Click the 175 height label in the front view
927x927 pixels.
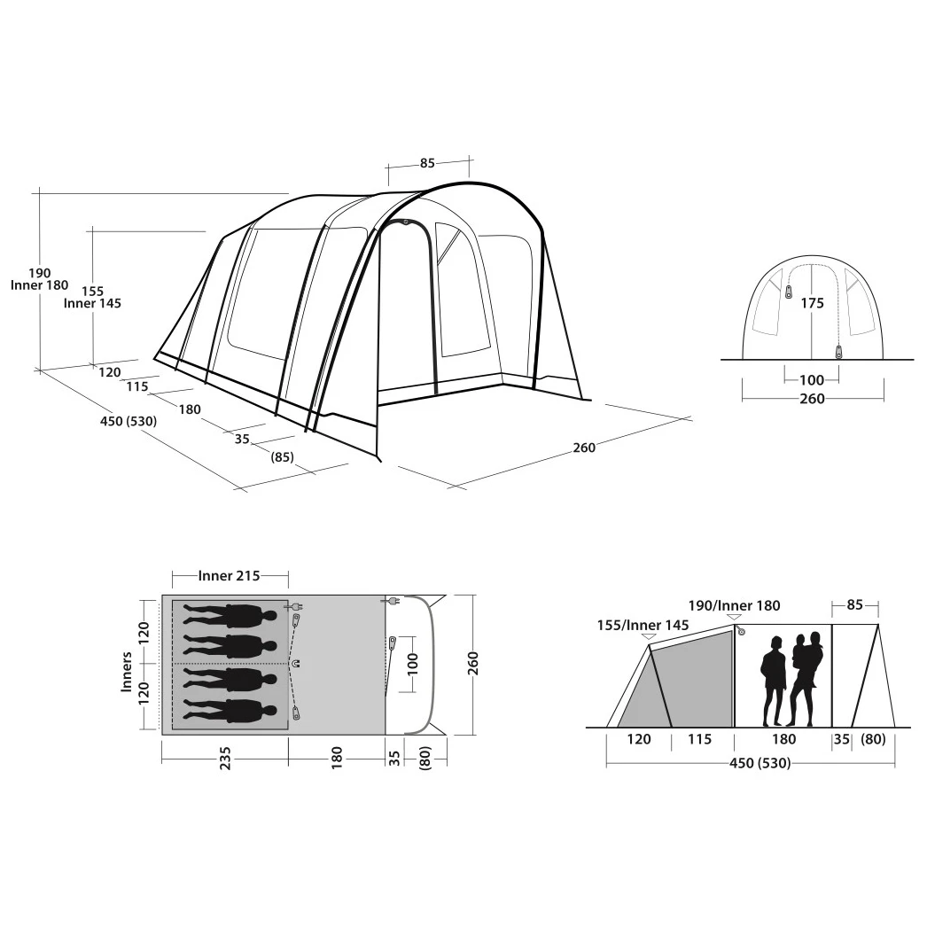click(813, 303)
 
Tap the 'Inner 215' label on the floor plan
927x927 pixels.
click(229, 576)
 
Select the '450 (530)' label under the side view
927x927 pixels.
click(760, 763)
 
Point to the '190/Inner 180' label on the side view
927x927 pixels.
click(735, 606)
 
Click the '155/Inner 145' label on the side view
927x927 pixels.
click(643, 626)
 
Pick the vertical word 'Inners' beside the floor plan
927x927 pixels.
click(126, 672)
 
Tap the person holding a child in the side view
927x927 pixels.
click(806, 679)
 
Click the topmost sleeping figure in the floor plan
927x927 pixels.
click(230, 615)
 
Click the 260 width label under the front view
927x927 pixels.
click(813, 399)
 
